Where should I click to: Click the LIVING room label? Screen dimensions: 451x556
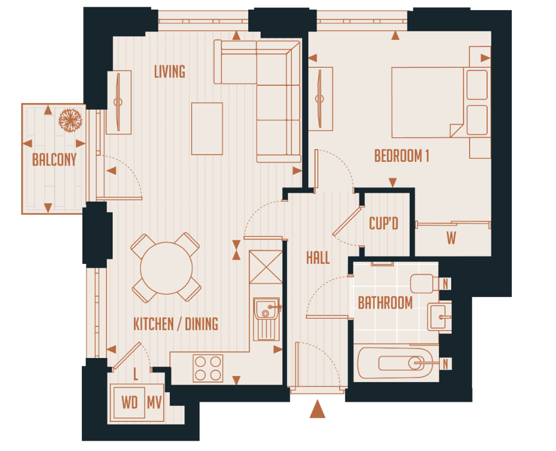tap(170, 72)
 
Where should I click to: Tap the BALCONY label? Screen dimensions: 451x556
tap(54, 160)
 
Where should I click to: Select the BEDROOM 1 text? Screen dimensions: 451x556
tap(401, 156)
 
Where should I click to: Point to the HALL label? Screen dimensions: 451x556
tap(318, 258)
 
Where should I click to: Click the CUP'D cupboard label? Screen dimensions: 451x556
tap(384, 224)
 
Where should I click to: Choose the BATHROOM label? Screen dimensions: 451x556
tap(385, 303)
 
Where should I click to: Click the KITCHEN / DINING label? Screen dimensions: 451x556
tap(175, 324)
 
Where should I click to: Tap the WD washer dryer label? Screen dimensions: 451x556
tap(130, 402)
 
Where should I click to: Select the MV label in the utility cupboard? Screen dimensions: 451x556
tap(154, 402)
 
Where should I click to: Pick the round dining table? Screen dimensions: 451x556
tap(166, 267)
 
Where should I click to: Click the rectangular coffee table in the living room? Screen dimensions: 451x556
tap(207, 128)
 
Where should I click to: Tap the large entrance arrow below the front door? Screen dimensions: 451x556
tap(317, 410)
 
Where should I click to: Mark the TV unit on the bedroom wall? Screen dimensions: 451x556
tap(321, 99)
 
